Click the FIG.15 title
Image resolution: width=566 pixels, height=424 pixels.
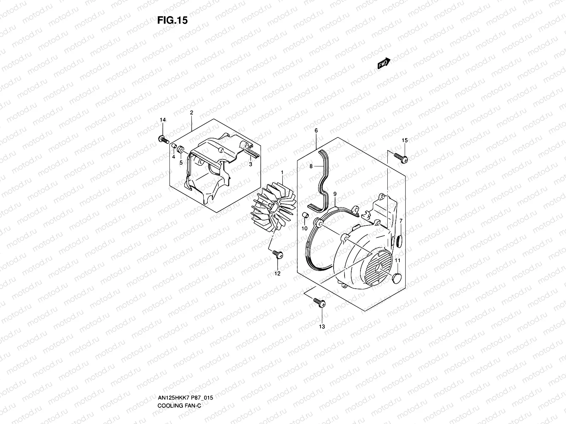(x=172, y=20)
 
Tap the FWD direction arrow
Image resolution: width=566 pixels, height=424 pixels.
(x=384, y=63)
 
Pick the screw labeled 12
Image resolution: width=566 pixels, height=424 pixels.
(x=278, y=254)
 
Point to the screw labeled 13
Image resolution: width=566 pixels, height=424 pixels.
(x=320, y=302)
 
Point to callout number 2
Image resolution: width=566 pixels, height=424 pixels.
(x=191, y=113)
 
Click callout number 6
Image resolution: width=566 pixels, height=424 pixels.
(x=316, y=130)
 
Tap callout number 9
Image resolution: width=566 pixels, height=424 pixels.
(x=335, y=194)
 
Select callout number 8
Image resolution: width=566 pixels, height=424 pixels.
(x=311, y=166)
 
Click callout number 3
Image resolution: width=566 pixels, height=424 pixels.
(x=250, y=164)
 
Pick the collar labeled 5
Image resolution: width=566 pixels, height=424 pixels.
(x=180, y=150)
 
